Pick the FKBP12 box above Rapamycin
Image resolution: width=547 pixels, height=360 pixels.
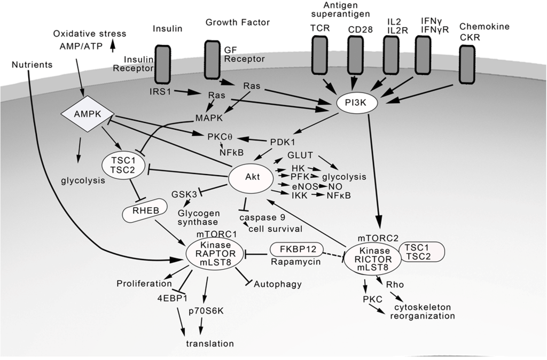point(295,249)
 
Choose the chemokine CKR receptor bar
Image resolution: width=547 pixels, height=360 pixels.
point(466,64)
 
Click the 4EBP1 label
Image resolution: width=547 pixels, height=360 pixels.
point(169,297)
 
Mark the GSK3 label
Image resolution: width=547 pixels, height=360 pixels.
point(184,194)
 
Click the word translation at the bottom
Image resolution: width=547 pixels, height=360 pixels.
point(209,343)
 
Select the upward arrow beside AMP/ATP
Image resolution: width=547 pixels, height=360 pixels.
point(112,46)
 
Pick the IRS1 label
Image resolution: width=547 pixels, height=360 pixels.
point(161,92)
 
